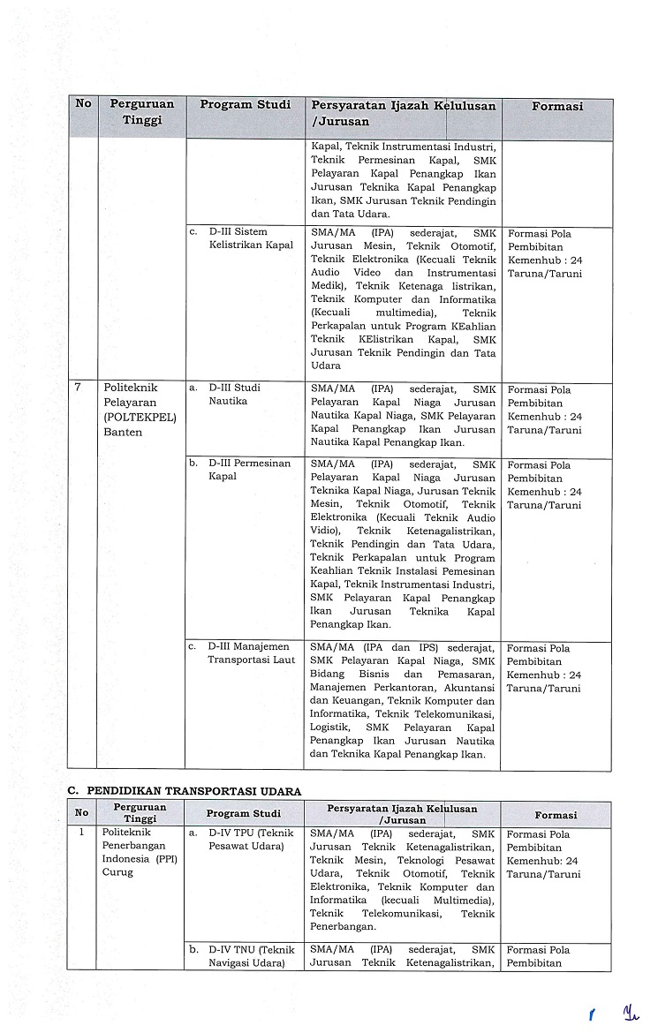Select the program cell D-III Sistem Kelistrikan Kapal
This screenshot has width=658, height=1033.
250,238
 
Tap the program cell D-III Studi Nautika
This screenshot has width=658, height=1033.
234,394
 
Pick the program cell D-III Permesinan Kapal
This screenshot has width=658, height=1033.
249,470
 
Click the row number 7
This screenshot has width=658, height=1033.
79,388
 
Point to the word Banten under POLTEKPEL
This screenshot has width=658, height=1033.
123,432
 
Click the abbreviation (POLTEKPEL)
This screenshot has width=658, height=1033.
140,417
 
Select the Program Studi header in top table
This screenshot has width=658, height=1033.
245,105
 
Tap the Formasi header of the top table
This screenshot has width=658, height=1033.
556,107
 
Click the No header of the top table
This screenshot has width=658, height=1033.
83,104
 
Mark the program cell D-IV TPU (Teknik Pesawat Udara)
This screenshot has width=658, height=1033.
251,840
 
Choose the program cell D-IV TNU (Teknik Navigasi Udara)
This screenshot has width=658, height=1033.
251,956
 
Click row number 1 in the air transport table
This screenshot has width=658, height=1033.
81,833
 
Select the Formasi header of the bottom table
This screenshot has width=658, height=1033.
556,815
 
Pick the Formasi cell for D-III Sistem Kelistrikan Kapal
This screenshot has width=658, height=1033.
545,253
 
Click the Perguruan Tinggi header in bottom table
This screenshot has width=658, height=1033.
140,813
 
